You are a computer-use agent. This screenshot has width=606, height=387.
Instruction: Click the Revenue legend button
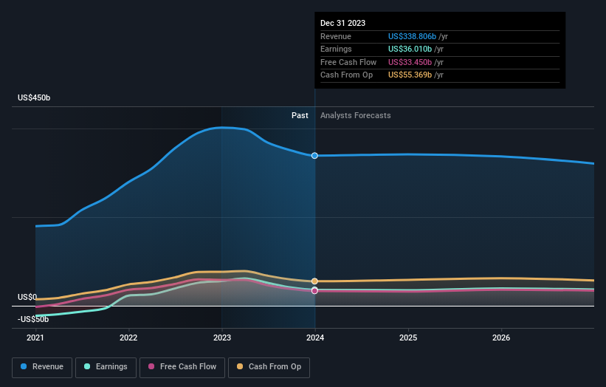42,366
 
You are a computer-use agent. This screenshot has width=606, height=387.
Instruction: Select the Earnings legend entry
106,366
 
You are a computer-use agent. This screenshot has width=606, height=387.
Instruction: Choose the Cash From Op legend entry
269,366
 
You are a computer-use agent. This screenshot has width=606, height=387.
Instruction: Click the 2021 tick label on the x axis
35,338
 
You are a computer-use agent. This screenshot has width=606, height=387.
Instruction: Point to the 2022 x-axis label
128,338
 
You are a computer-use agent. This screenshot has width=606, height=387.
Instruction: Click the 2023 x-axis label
221,338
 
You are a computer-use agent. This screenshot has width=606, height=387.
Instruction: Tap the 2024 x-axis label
315,338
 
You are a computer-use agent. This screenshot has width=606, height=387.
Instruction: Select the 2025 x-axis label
408,338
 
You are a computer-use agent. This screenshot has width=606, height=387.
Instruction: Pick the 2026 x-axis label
501,338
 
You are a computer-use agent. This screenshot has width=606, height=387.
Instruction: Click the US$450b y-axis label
34,98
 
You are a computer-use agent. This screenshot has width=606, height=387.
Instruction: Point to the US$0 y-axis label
28,297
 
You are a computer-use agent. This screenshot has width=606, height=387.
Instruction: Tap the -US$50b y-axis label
33,319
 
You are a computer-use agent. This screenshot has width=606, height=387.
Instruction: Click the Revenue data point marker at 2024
315,156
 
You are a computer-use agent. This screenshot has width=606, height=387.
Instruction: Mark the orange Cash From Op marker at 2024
315,281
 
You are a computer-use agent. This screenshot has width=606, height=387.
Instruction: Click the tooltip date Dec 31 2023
342,24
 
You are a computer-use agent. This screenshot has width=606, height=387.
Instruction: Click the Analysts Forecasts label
355,116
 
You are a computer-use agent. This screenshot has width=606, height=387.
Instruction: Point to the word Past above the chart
300,116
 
